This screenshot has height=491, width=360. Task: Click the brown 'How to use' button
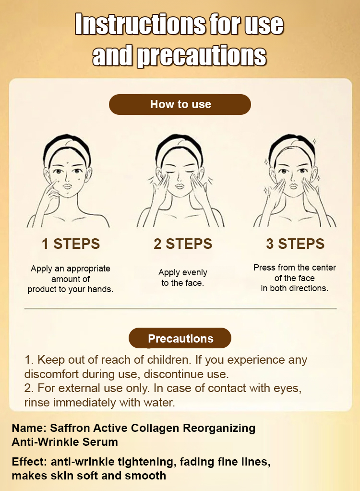click(180, 104)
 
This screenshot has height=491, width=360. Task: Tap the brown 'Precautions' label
click(180, 338)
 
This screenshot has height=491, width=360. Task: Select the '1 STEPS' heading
click(71, 244)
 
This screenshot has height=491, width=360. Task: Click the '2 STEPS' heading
click(183, 244)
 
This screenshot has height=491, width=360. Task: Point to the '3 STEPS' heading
click(295, 244)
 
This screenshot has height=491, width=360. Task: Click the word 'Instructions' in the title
click(140, 24)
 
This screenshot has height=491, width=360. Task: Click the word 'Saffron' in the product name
click(70, 428)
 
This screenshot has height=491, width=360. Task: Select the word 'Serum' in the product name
click(100, 442)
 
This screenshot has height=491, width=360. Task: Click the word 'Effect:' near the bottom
click(29, 462)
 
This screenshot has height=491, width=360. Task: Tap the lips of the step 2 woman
click(180, 186)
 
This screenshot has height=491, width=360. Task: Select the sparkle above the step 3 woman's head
click(314, 141)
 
